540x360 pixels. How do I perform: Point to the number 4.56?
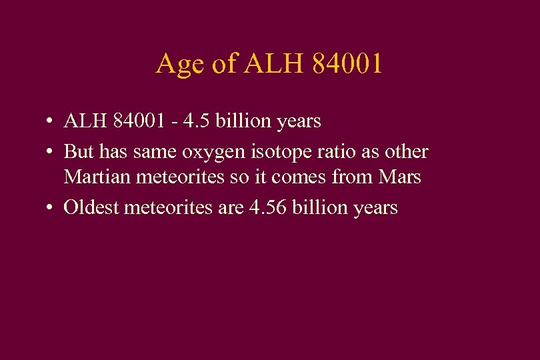click(x=269, y=208)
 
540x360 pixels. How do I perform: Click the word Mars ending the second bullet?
click(x=401, y=178)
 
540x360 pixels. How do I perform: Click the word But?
click(x=79, y=151)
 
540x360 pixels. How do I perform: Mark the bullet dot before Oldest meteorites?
click(x=50, y=208)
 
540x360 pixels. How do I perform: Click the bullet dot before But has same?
click(x=50, y=152)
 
